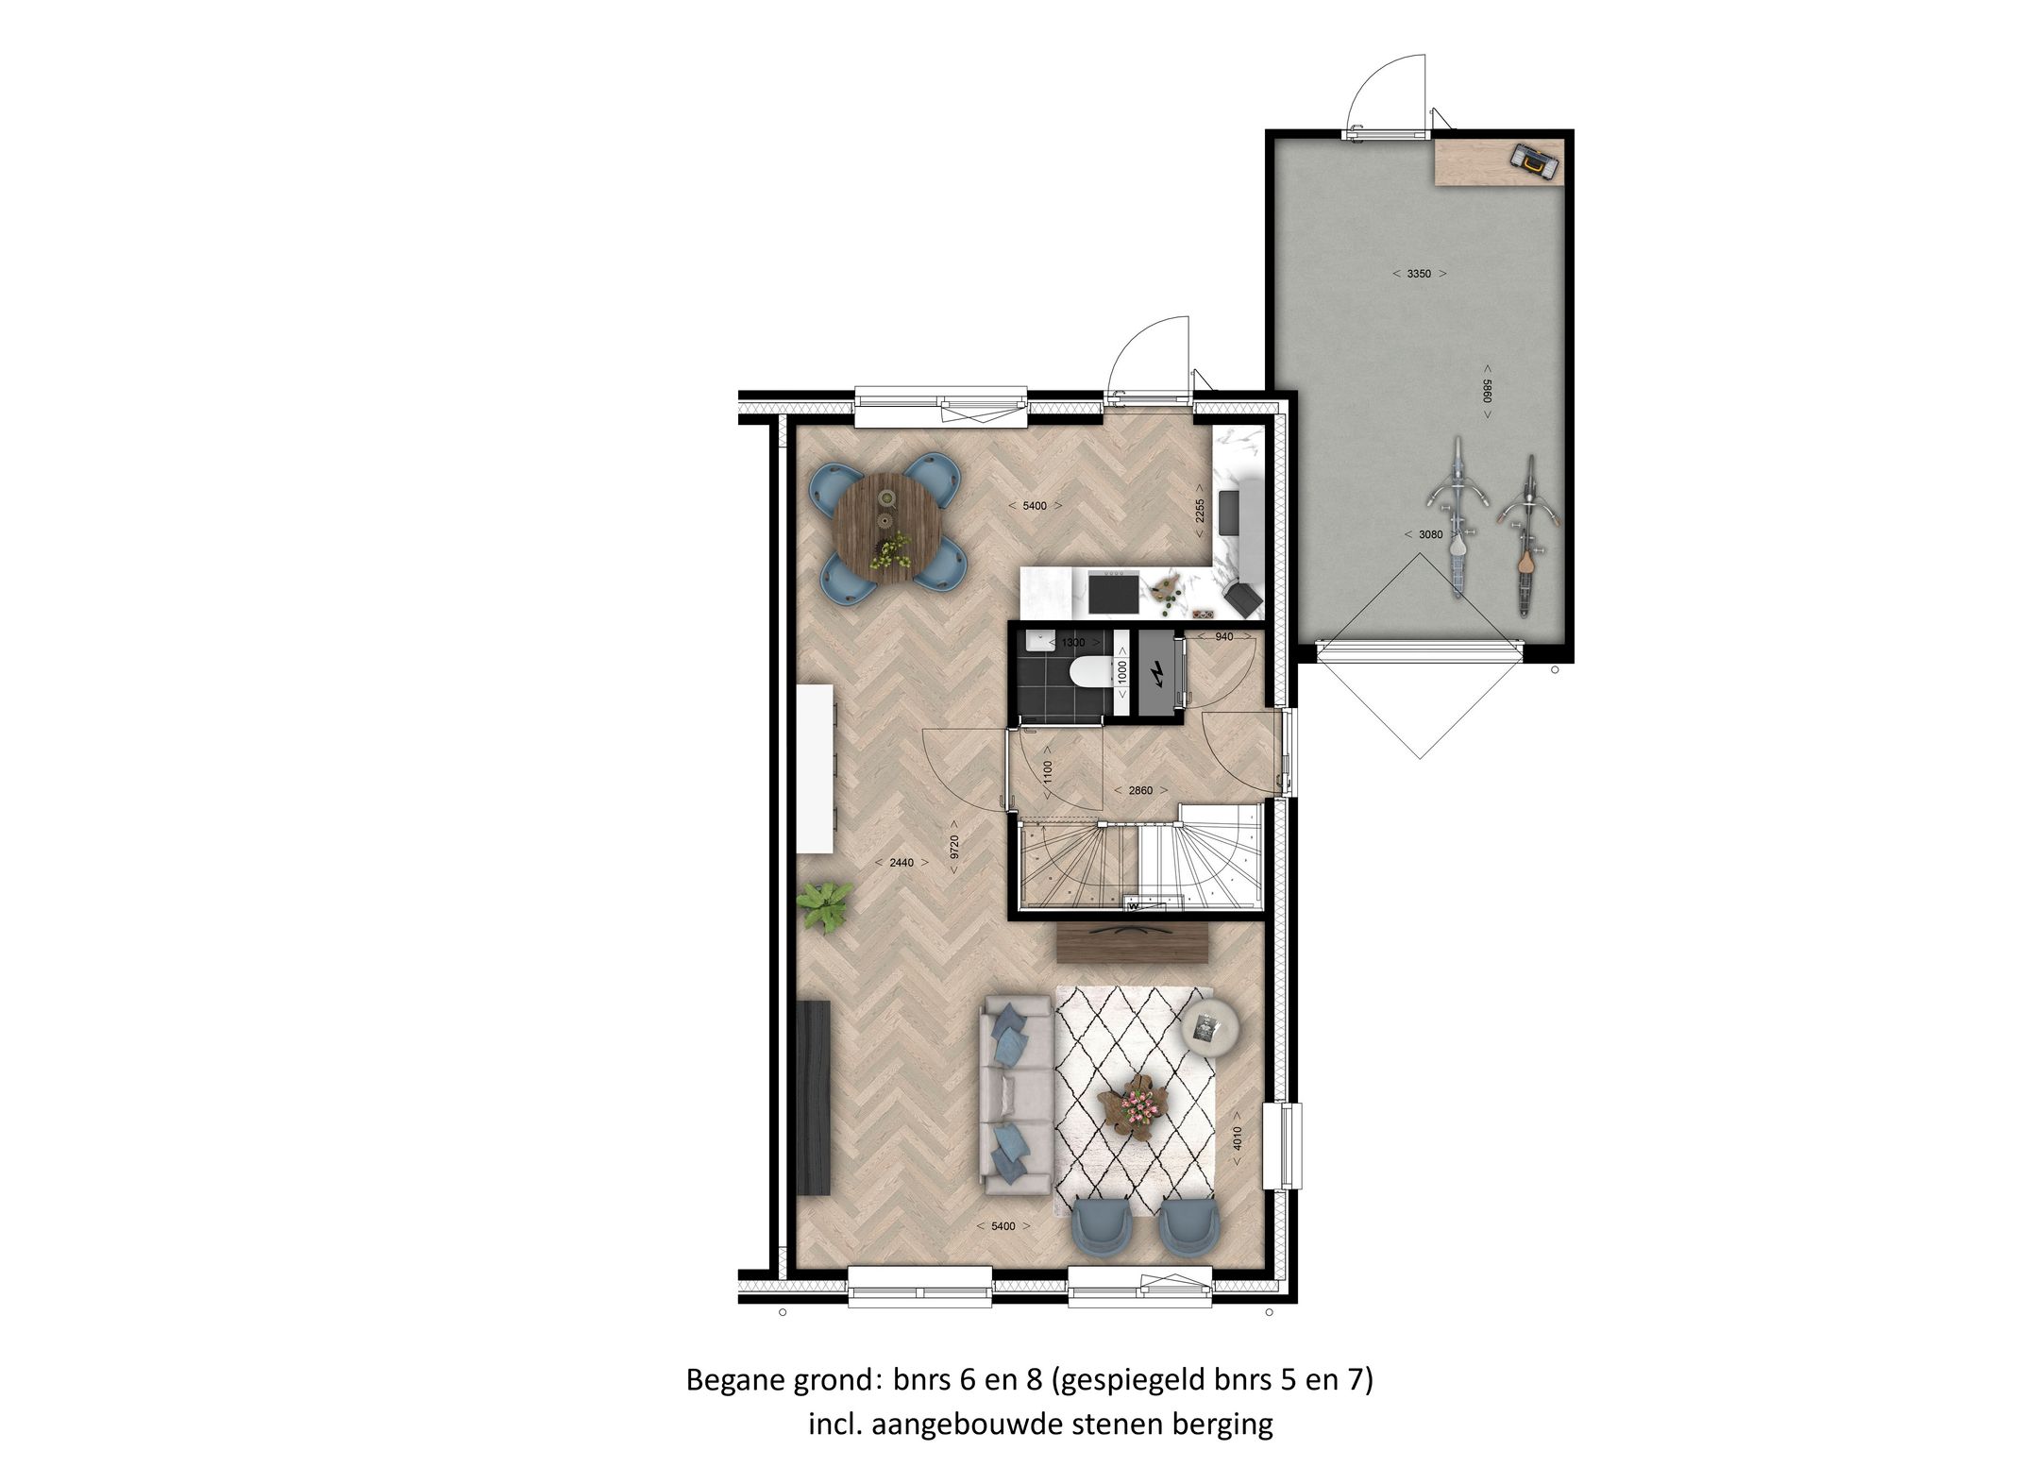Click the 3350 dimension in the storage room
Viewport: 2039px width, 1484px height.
(1419, 274)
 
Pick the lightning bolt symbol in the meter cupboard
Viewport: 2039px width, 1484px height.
(1156, 672)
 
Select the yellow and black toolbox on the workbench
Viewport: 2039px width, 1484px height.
(1533, 162)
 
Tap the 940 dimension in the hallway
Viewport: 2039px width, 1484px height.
(1223, 637)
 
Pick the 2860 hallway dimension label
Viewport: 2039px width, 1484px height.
(1140, 790)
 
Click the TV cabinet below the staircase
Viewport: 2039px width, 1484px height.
(1133, 942)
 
